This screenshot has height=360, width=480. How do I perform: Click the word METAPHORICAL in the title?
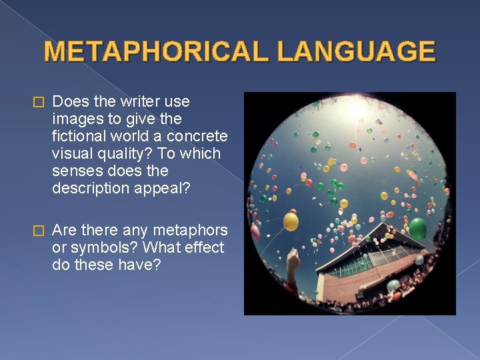[x=157, y=51]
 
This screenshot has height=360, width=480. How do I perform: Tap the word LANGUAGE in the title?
[x=357, y=51]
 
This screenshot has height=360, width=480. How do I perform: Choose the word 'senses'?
[x=77, y=171]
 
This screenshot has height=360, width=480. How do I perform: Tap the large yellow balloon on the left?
[x=291, y=221]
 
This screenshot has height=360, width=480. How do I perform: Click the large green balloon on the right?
[x=417, y=229]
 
